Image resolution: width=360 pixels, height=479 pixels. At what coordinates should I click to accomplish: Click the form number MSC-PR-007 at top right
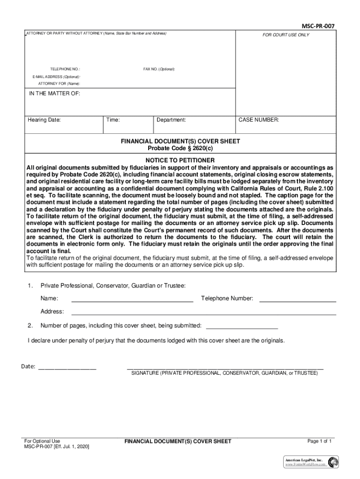click(x=318, y=26)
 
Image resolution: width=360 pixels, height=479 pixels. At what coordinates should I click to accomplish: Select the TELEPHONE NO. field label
click(x=65, y=69)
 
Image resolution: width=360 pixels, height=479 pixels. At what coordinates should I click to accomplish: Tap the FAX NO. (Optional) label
click(x=159, y=69)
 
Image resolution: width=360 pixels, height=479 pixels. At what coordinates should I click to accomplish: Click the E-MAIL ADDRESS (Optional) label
click(x=56, y=76)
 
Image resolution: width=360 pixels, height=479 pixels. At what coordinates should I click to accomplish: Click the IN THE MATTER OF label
click(x=55, y=94)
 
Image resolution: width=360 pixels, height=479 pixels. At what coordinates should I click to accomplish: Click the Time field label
click(x=113, y=120)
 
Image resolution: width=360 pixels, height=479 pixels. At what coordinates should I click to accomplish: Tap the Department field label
click(x=171, y=120)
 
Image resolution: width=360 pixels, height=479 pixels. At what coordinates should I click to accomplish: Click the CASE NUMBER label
click(x=259, y=120)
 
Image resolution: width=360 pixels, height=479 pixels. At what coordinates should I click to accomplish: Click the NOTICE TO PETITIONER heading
click(x=180, y=160)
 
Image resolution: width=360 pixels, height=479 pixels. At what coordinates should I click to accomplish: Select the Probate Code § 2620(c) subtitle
click(x=180, y=148)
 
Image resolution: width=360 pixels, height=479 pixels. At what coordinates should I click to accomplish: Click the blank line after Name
click(x=132, y=301)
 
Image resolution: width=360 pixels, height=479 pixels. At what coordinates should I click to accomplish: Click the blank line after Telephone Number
click(x=297, y=301)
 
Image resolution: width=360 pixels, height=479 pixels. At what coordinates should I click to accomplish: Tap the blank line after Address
click(x=203, y=314)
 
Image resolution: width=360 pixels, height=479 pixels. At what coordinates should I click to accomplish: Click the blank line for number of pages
click(x=242, y=328)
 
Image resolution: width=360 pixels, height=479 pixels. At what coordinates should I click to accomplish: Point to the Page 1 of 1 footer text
click(x=319, y=441)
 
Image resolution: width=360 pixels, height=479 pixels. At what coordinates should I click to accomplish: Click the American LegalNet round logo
click(x=333, y=462)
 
